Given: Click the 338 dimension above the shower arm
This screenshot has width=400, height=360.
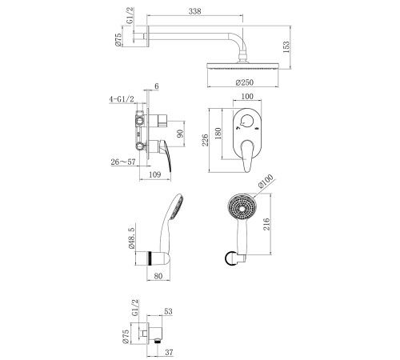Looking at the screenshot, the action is point(195,11).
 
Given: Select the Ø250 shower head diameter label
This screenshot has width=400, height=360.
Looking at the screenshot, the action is point(245,82).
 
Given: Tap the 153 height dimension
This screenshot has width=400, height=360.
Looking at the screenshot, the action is point(286,47).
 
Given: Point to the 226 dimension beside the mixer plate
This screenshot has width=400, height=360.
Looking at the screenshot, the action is point(205,140).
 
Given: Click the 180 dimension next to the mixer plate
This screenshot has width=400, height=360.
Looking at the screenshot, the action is point(218,134).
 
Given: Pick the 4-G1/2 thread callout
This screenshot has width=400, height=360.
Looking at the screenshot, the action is point(122,99).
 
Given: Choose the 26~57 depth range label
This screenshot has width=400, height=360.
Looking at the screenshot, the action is point(123,162).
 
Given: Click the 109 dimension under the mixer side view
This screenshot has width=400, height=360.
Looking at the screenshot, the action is point(154,174).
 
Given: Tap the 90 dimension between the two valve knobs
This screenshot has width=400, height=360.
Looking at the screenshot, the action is point(181,134).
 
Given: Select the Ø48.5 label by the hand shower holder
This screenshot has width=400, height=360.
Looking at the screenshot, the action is point(132,237).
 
